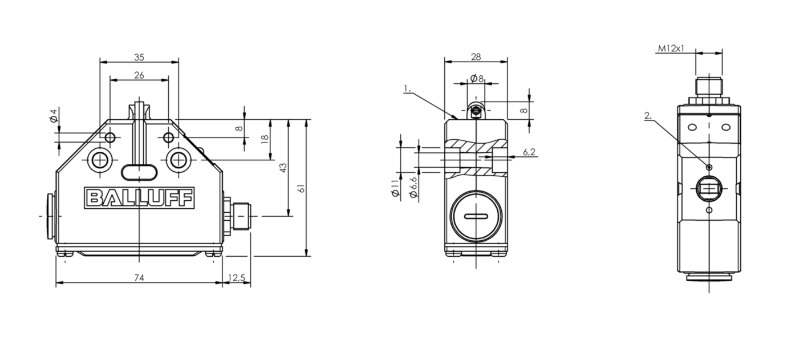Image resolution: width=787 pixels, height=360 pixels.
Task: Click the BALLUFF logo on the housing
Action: (x=140, y=198)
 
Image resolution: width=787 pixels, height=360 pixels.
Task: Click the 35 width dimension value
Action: (x=139, y=57)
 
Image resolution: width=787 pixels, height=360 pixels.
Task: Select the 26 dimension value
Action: (x=139, y=75)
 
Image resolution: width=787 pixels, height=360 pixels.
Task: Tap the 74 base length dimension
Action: (x=139, y=278)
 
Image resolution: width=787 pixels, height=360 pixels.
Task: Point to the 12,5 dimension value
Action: (x=237, y=278)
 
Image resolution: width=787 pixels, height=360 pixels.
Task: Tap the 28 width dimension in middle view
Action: (x=476, y=56)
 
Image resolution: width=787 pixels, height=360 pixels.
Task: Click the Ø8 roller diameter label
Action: (x=477, y=78)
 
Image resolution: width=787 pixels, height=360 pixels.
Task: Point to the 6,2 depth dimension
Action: (x=529, y=152)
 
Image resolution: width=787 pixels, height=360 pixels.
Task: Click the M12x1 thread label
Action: (x=671, y=49)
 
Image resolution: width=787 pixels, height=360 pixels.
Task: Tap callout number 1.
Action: (x=407, y=88)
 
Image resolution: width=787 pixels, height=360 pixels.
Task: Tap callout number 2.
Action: (x=648, y=116)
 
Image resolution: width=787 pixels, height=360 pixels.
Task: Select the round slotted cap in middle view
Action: (x=476, y=216)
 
